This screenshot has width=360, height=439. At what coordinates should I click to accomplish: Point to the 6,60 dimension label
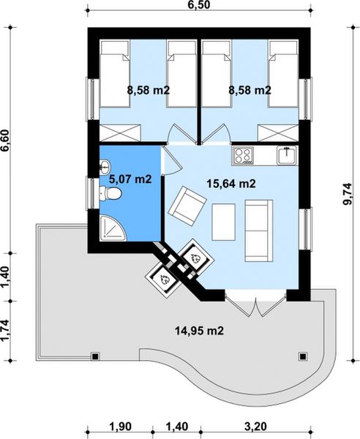(x=7, y=137)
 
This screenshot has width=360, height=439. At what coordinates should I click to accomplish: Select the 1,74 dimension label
(x=7, y=331)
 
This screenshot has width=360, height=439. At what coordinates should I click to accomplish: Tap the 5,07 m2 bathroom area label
(x=130, y=177)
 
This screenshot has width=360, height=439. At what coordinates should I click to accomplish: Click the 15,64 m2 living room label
(x=230, y=184)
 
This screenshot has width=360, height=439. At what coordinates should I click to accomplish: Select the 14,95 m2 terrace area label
(x=198, y=331)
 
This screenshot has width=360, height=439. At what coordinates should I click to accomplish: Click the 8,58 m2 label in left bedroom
(x=149, y=91)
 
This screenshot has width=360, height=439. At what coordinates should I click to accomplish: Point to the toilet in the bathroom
(x=111, y=193)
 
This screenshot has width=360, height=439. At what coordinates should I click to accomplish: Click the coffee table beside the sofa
(x=222, y=222)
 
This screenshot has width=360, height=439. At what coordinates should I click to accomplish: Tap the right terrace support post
(x=303, y=356)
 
